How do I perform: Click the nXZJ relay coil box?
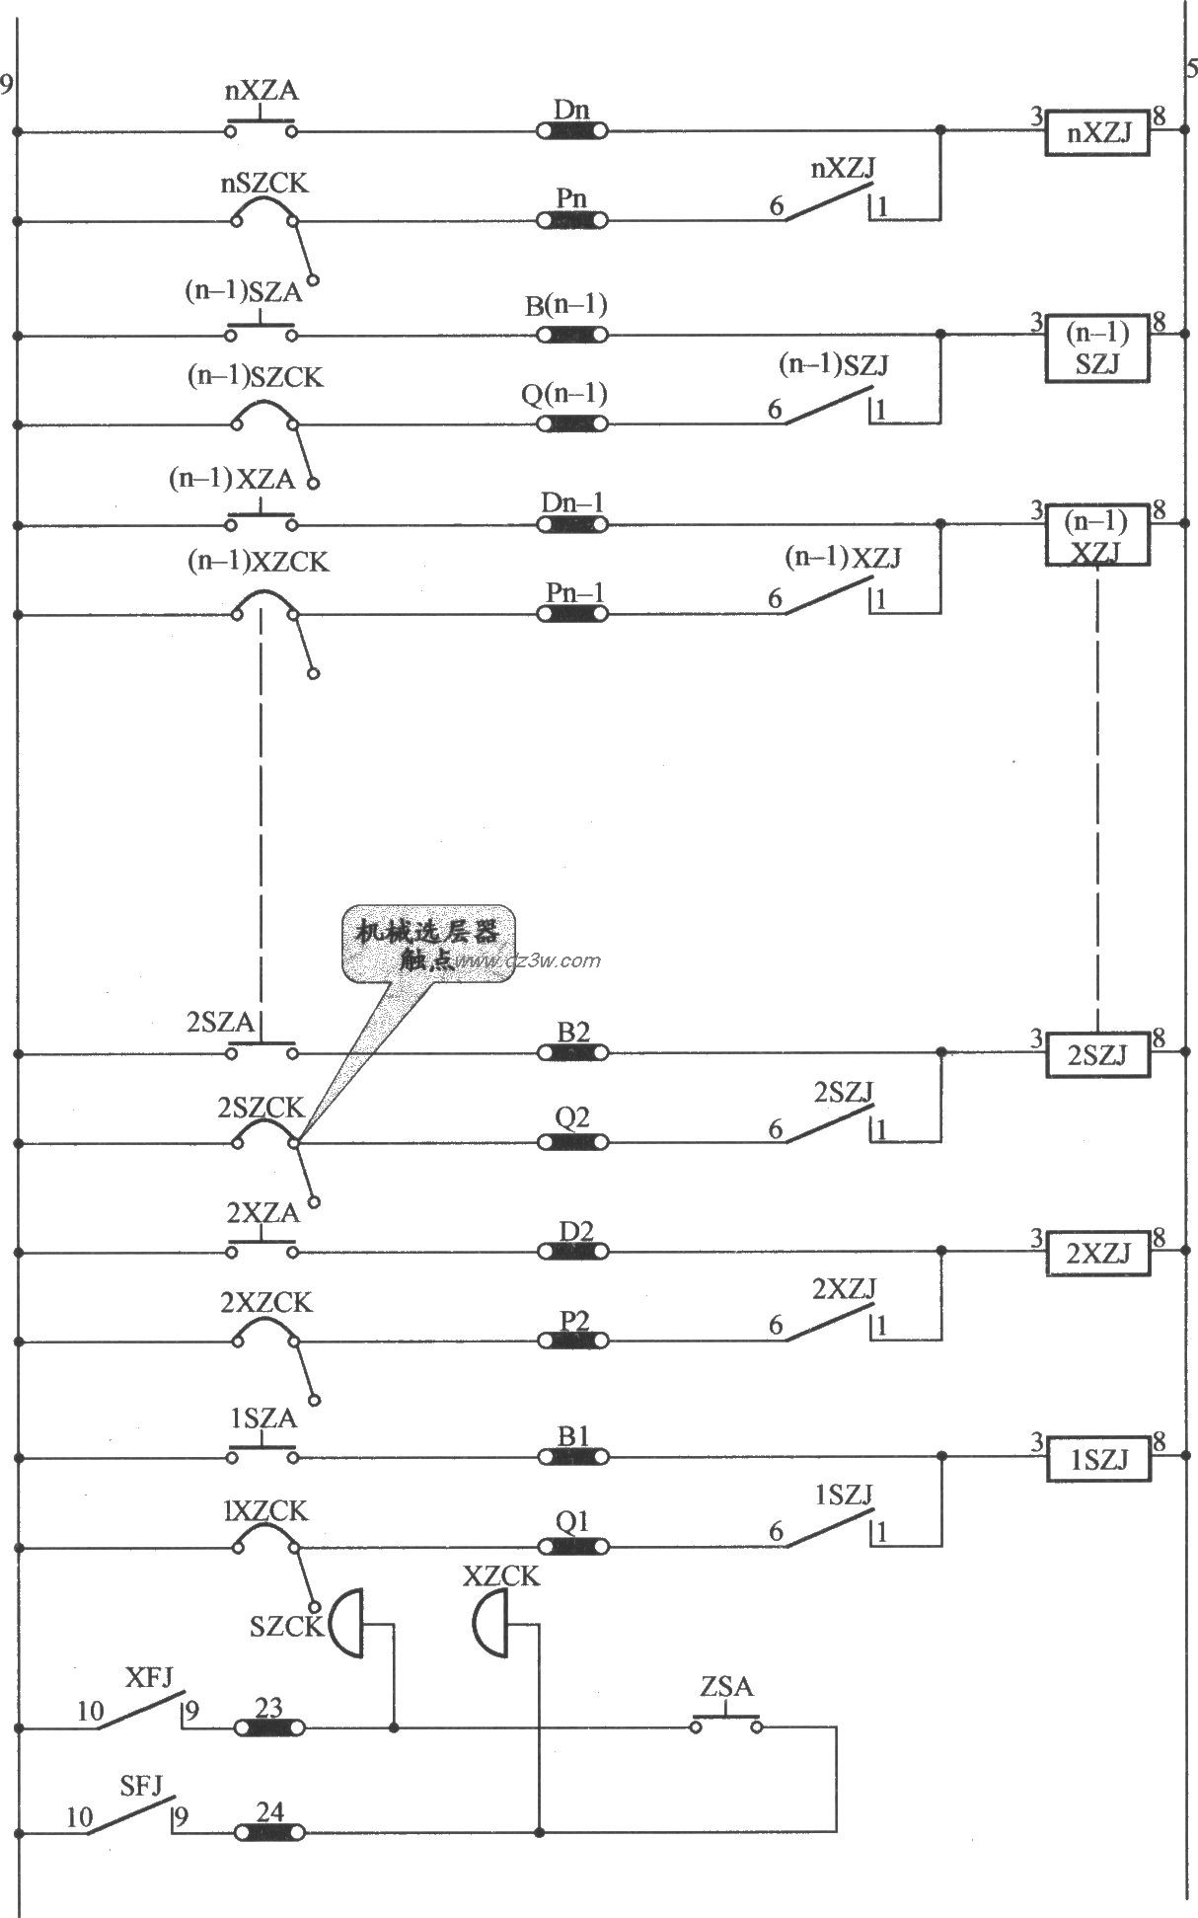click(x=1098, y=134)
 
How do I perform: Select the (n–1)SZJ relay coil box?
click(x=1098, y=348)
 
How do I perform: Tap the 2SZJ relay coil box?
click(x=1098, y=1056)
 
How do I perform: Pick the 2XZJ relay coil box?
click(x=1098, y=1254)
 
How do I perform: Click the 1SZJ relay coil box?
click(x=1098, y=1460)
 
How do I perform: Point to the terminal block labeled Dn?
click(x=571, y=130)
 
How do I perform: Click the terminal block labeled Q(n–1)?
click(x=571, y=423)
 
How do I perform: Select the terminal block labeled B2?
click(x=572, y=1053)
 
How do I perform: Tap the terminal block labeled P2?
click(x=572, y=1341)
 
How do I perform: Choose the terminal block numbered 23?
click(x=269, y=1727)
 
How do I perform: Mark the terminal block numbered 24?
click(x=269, y=1832)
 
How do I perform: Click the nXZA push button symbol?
click(x=262, y=127)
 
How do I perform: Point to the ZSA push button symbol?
click(x=726, y=1722)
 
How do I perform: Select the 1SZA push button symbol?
click(x=262, y=1454)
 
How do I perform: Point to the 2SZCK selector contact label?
click(x=261, y=1108)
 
